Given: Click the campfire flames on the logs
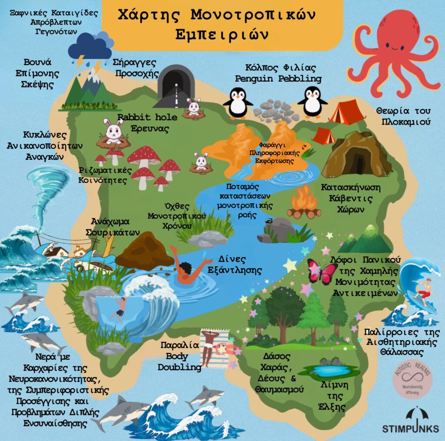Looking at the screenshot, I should click(x=304, y=200).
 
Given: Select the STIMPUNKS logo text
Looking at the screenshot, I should click(x=410, y=428).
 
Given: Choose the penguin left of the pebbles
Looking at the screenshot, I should click(x=237, y=102).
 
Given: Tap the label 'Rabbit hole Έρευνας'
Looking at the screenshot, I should click(x=147, y=123).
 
